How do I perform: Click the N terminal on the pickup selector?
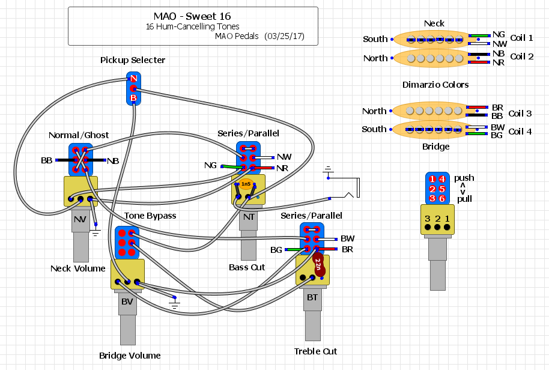click(134, 79)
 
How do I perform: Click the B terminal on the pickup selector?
click(134, 97)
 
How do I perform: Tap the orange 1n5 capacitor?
click(246, 184)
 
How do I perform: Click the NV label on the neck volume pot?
click(80, 220)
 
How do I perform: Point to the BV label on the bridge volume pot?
click(127, 301)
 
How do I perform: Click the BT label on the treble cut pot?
click(312, 297)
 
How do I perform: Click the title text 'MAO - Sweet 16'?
click(192, 16)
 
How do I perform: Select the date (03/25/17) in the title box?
click(284, 37)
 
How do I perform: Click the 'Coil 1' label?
click(521, 38)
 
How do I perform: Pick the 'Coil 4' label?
click(520, 132)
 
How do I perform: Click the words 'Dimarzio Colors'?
click(435, 85)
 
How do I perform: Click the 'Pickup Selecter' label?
click(132, 60)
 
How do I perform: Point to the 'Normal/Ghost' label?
click(79, 135)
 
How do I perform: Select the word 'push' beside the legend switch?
click(464, 178)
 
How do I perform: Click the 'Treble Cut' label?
click(315, 351)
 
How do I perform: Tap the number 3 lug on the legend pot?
click(427, 219)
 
